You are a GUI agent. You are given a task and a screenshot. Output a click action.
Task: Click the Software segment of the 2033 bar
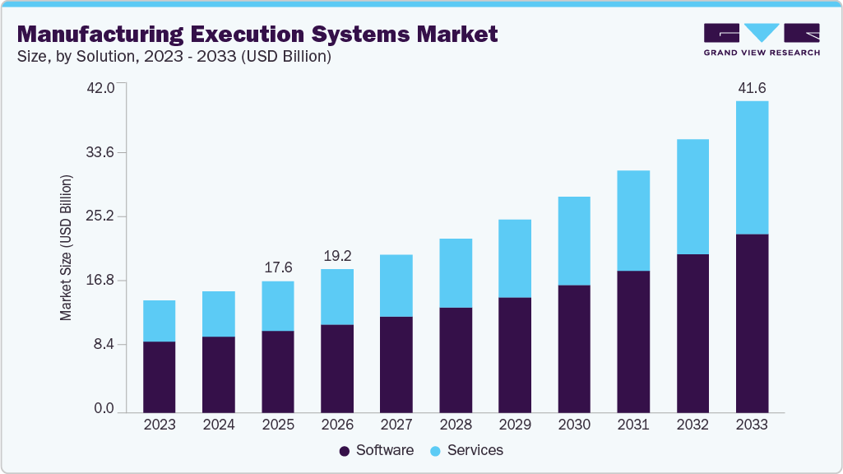point(752,323)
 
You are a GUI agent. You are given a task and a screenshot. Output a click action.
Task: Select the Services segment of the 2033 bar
point(752,168)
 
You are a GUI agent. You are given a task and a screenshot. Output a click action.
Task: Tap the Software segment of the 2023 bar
point(159,376)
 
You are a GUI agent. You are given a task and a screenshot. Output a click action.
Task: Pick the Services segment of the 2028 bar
point(456,273)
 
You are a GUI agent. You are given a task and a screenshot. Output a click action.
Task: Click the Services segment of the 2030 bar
point(574,241)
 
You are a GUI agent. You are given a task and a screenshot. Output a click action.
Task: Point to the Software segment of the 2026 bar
point(337,368)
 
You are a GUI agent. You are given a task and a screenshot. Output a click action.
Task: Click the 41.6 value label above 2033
point(752,87)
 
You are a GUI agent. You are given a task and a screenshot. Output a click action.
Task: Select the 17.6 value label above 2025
point(278,267)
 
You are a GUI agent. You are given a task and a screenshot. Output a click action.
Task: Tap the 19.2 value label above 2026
point(337,256)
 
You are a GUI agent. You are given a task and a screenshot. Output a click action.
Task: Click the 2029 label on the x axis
point(515,425)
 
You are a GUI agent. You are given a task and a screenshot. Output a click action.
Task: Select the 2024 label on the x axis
point(219,425)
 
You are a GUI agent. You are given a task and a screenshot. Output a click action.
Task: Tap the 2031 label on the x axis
point(633,425)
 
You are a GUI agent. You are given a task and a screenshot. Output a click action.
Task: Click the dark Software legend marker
point(345,451)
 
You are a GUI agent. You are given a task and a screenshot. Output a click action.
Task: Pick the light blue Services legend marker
point(436,451)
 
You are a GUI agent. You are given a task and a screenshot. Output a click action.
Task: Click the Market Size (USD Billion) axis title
point(66,248)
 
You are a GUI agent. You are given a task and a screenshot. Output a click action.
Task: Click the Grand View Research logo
point(762,39)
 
